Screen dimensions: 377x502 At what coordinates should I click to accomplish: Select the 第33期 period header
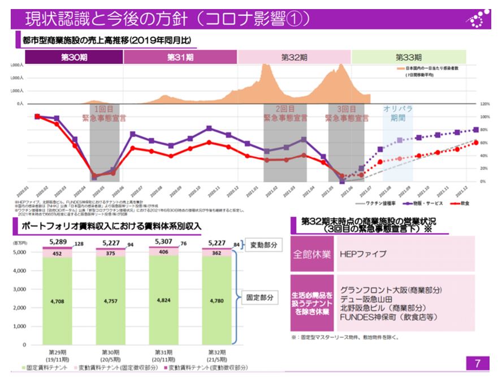click(x=408, y=57)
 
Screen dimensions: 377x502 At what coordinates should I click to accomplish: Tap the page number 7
click(x=478, y=362)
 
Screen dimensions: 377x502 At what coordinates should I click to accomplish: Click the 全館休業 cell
click(x=311, y=254)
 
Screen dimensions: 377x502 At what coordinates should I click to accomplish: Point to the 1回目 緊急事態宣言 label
click(x=104, y=114)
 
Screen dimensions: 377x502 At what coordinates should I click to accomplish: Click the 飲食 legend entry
click(x=463, y=203)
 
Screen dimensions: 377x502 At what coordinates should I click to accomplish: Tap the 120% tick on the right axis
click(x=484, y=104)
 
